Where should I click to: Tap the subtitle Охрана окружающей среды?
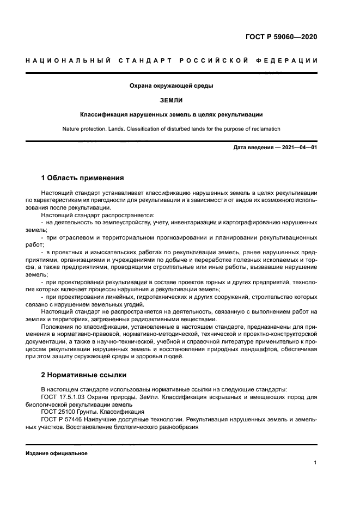[171, 86]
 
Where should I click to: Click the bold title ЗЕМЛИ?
[171, 100]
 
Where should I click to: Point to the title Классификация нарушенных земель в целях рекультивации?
[172, 115]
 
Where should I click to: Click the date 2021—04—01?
[298, 148]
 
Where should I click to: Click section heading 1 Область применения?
[83, 178]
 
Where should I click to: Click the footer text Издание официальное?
[57, 453]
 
